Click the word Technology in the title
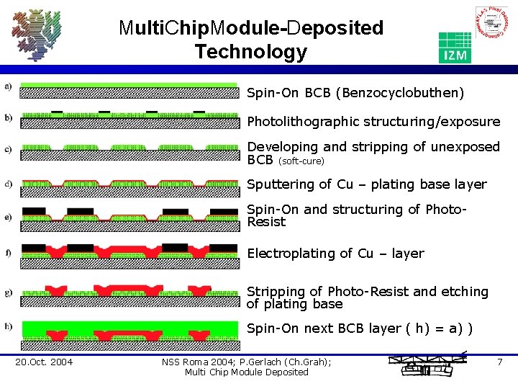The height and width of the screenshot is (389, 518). (250, 52)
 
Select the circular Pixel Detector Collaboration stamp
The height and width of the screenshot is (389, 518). (495, 26)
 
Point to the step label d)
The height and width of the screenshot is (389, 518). (8, 184)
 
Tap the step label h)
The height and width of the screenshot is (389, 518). (8, 326)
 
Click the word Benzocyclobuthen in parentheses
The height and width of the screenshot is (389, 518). (403, 93)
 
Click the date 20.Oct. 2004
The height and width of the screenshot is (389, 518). (44, 361)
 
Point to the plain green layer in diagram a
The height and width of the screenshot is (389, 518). (129, 86)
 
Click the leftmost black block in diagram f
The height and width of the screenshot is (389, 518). (34, 248)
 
